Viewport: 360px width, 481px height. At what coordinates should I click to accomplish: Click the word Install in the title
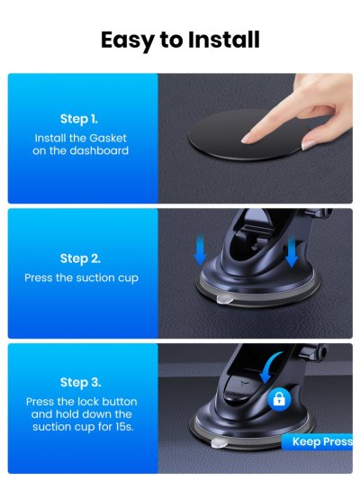click(224, 40)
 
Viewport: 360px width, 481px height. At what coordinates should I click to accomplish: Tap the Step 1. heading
click(79, 119)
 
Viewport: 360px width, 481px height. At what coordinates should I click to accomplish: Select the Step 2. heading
click(80, 259)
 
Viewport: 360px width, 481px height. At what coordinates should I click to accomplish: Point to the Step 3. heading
click(81, 383)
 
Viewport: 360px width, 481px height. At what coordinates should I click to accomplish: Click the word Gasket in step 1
click(108, 138)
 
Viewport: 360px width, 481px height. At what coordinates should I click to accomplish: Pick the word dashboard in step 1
click(99, 150)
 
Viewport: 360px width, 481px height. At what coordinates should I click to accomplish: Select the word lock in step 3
click(88, 402)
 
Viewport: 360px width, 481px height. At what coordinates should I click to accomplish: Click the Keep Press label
click(321, 441)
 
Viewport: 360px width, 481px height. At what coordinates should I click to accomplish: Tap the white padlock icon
click(279, 399)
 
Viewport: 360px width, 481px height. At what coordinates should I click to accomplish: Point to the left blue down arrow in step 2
click(200, 249)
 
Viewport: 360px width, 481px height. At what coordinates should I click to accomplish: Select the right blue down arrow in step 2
click(292, 252)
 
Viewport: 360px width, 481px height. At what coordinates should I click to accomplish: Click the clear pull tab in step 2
click(224, 299)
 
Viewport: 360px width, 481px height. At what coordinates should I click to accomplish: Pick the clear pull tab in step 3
click(219, 442)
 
